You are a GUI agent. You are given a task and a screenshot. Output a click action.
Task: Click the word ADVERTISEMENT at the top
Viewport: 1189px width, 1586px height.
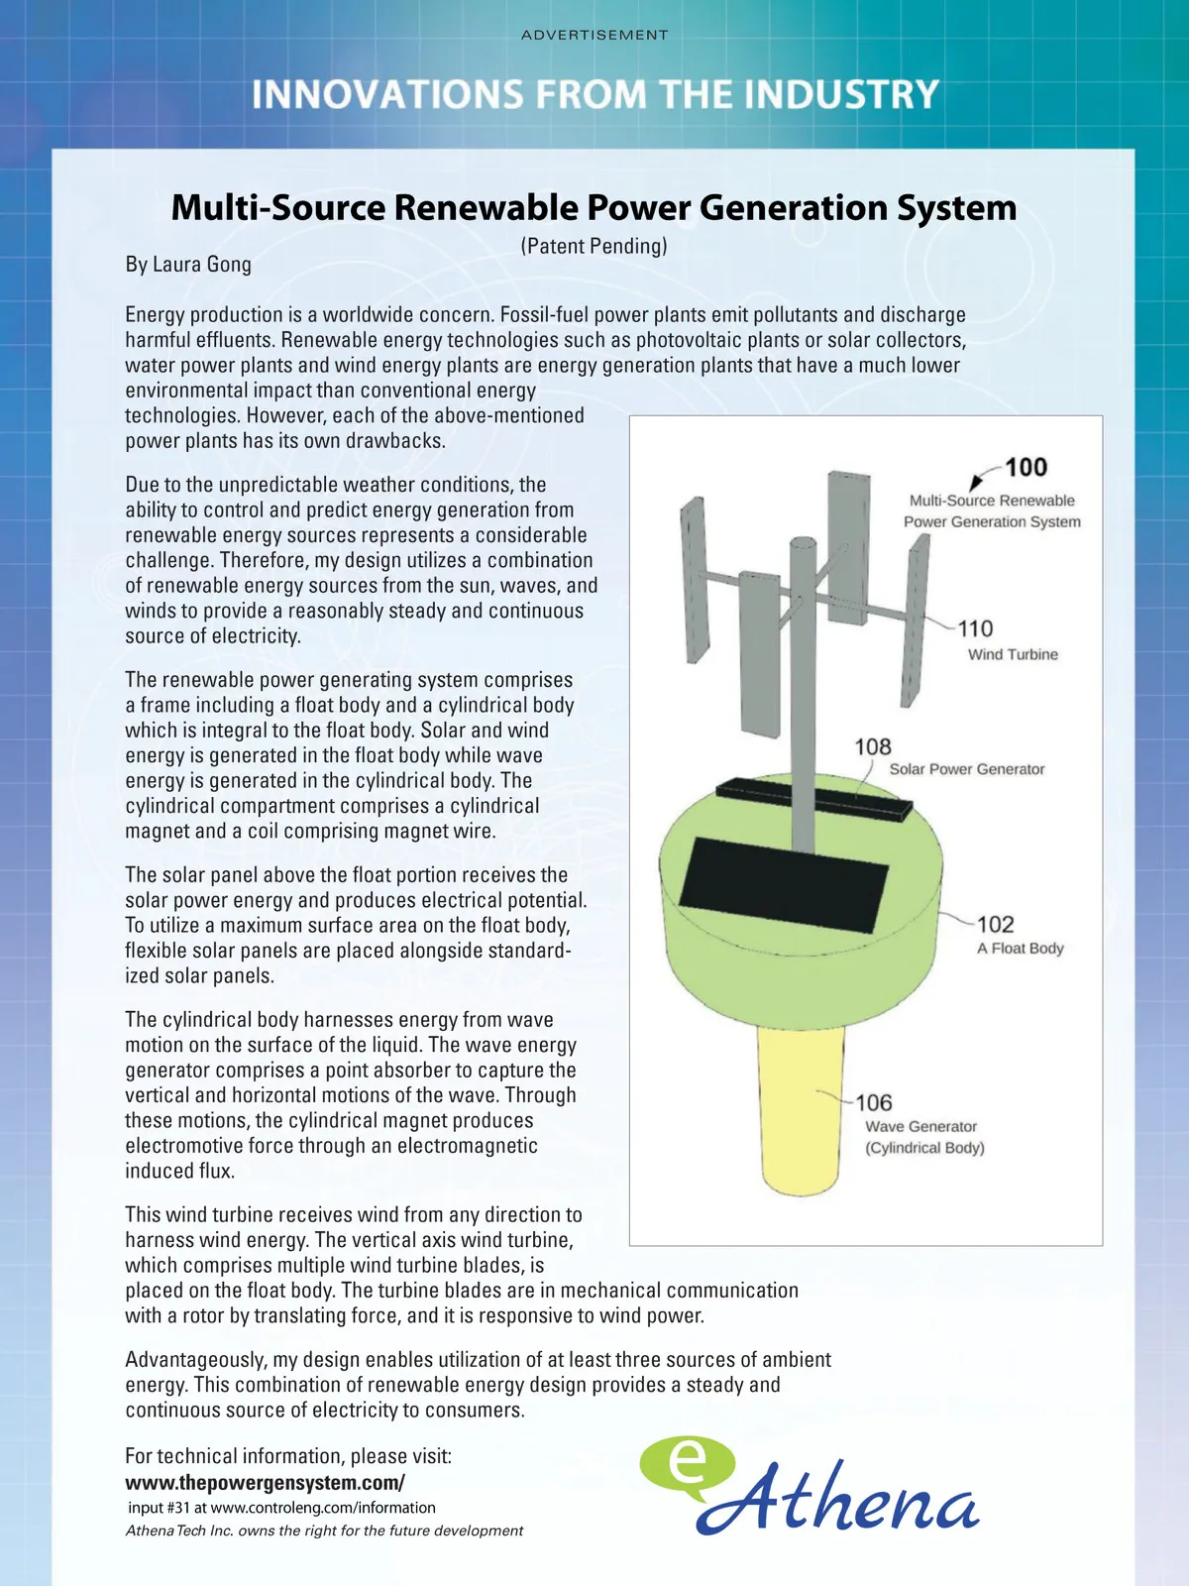click(594, 35)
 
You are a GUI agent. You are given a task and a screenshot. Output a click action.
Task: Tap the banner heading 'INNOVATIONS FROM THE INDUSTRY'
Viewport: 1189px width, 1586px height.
click(594, 94)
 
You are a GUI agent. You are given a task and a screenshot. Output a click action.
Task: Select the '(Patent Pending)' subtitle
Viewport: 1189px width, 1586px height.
click(594, 246)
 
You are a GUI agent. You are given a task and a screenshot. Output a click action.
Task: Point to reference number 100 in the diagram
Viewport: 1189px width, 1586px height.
click(1026, 468)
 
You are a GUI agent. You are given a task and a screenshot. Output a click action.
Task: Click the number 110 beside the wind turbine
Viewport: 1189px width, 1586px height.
click(975, 628)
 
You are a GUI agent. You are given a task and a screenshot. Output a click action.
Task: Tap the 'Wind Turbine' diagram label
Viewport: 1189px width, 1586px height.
click(1013, 654)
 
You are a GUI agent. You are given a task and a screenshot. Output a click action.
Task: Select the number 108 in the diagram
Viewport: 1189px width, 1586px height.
click(873, 746)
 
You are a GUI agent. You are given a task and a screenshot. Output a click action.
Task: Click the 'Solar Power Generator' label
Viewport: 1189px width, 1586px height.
click(966, 769)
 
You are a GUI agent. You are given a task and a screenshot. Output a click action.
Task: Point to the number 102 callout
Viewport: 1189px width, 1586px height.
click(995, 925)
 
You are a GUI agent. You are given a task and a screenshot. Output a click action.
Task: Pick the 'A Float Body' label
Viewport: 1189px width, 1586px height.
click(1020, 949)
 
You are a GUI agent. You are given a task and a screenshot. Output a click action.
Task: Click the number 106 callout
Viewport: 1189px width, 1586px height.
click(874, 1103)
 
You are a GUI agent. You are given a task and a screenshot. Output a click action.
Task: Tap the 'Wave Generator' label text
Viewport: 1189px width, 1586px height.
click(920, 1127)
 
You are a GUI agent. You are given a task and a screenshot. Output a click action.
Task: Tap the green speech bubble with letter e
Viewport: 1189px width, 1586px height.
click(687, 1465)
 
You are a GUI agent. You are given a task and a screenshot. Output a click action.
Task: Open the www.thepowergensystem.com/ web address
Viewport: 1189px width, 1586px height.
click(265, 1483)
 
